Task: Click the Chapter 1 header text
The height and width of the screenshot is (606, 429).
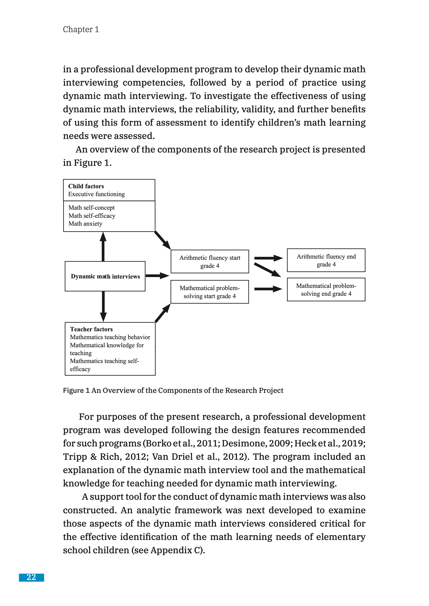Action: point(81,29)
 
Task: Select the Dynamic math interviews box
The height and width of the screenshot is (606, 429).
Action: point(105,276)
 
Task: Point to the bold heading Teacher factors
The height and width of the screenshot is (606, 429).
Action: point(91,329)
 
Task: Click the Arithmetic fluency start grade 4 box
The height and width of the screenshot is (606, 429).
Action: point(210,262)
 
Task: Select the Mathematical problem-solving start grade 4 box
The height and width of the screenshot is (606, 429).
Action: point(210,292)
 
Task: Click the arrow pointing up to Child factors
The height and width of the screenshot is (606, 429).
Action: point(103,246)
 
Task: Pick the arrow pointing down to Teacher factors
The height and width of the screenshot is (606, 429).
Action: point(103,306)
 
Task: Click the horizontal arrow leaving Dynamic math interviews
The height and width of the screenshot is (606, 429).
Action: point(157,276)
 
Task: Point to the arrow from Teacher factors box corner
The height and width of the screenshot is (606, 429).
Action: point(162,313)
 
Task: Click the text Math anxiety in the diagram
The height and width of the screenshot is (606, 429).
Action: point(85,224)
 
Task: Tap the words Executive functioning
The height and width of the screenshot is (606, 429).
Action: point(96,194)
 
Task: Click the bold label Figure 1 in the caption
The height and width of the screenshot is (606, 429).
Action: point(76,390)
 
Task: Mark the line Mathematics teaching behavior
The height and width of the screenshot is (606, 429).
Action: point(110,337)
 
